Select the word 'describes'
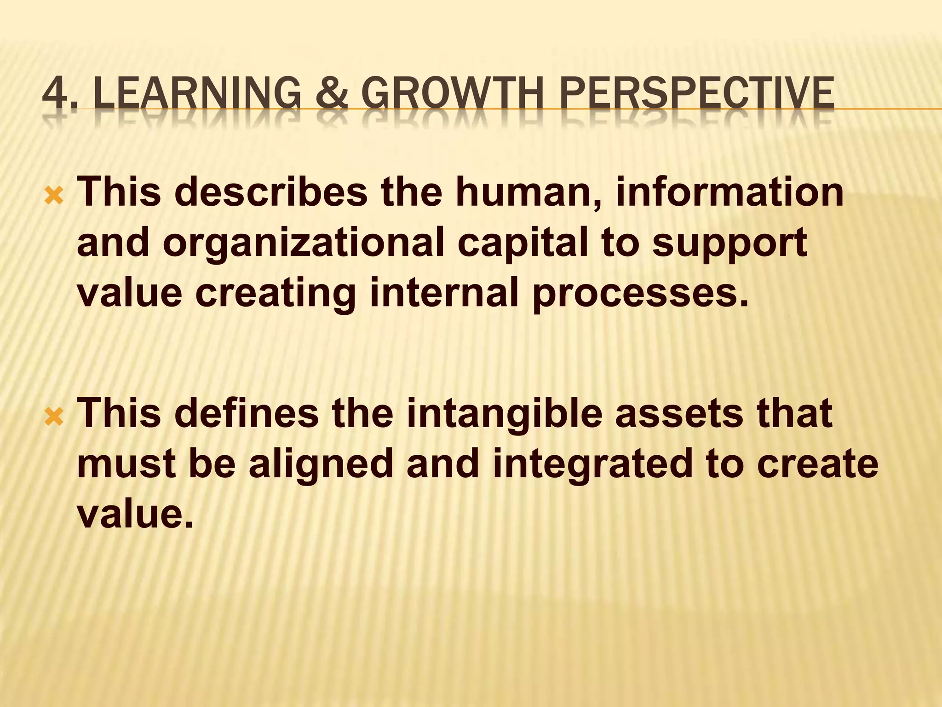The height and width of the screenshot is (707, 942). pyautogui.click(x=271, y=192)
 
